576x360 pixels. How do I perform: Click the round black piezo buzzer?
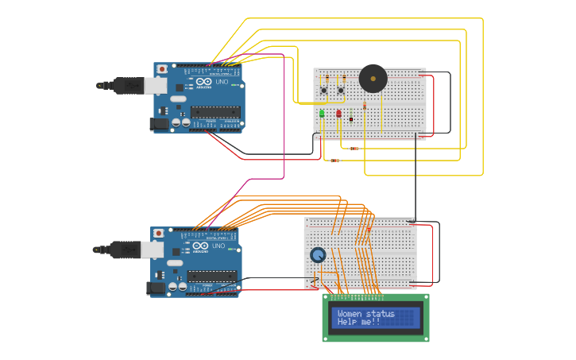tap(373, 78)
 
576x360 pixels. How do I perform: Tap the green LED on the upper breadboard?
tap(322, 114)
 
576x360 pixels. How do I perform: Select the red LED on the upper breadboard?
tap(338, 114)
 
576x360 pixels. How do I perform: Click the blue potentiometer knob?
tap(318, 255)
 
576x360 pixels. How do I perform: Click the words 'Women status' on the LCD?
tap(365, 313)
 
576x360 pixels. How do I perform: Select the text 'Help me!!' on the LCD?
tap(358, 322)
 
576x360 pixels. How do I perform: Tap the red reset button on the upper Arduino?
tap(162, 69)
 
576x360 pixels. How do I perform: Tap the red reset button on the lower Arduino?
tap(159, 234)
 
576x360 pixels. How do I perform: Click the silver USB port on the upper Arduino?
tap(155, 85)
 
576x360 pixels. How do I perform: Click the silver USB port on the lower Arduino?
tap(152, 250)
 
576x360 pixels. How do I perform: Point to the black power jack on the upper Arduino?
tap(160, 123)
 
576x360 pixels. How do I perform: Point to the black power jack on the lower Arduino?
tap(157, 288)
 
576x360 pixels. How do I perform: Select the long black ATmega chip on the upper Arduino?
tap(215, 112)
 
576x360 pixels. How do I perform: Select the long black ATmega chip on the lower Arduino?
tap(211, 276)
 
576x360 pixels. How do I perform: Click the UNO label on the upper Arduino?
tap(222, 82)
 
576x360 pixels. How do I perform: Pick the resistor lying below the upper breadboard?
tap(334, 161)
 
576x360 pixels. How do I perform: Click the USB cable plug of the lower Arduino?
tap(125, 250)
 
